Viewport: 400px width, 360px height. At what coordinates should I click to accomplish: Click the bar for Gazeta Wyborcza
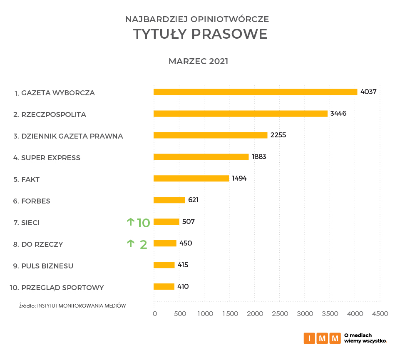coord(255,92)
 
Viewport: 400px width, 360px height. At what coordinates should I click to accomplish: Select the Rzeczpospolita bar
coord(240,114)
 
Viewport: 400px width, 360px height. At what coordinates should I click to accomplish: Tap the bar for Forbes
coord(169,200)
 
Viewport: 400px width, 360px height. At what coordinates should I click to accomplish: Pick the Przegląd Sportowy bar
coord(164,286)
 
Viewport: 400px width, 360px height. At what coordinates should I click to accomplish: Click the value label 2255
coord(278,135)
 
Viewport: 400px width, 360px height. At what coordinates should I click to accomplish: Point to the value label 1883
coord(259,157)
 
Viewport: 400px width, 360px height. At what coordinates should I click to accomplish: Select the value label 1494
coord(239,179)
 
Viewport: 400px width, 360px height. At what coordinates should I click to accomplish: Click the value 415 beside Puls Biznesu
coord(183,265)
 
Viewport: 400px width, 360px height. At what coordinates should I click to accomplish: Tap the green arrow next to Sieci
coord(130,222)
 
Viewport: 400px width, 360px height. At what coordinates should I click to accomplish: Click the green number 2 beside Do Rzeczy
coord(143,244)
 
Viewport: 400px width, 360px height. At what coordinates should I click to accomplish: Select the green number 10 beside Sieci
coord(143,223)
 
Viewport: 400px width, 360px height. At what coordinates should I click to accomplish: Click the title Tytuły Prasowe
coord(200,34)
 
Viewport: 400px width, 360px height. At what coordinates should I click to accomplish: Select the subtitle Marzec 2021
coord(198,61)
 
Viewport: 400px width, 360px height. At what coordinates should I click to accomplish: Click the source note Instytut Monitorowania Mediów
coord(72,305)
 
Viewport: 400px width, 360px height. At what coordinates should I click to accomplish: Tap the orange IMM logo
coord(322,338)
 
